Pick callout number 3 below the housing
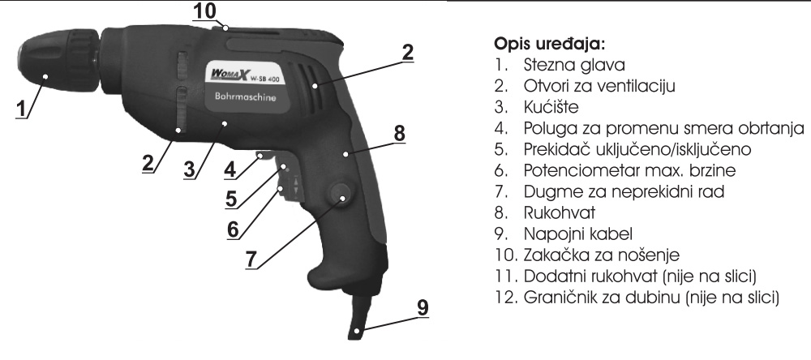click(189, 169)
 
